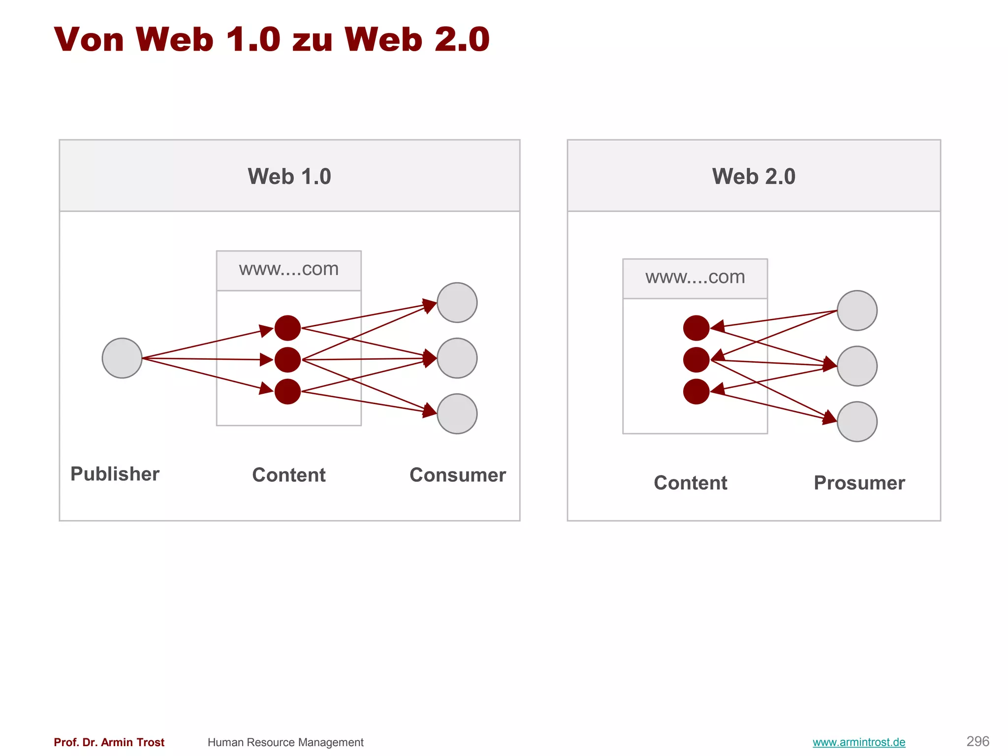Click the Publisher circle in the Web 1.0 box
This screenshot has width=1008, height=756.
[x=122, y=358]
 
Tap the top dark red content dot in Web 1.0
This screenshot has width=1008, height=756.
[x=287, y=328]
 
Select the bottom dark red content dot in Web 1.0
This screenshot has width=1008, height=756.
[x=287, y=391]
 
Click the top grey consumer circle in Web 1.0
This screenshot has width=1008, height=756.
[x=457, y=303]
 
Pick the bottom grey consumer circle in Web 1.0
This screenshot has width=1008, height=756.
[x=457, y=413]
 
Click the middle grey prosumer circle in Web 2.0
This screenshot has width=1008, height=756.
[x=857, y=366]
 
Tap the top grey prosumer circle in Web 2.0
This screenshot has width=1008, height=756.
[x=857, y=311]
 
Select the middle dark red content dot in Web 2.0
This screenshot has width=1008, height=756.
[x=696, y=360]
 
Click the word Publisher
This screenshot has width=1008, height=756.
[x=115, y=474]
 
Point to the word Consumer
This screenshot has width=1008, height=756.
[x=457, y=475]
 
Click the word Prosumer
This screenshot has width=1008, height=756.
[x=859, y=483]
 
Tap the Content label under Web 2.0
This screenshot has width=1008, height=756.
[x=690, y=483]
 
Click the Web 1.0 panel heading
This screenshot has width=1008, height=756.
[x=289, y=176]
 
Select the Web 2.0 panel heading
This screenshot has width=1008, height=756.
[x=753, y=176]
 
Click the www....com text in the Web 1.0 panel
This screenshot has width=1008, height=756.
[x=289, y=269]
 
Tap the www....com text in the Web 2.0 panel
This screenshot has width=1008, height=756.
[x=695, y=277]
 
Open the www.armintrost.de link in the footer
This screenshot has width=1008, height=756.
[x=858, y=742]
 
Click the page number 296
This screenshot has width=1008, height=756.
[x=977, y=741]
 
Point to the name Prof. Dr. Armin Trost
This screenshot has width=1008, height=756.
[x=109, y=742]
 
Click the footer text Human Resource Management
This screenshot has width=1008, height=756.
[x=285, y=742]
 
